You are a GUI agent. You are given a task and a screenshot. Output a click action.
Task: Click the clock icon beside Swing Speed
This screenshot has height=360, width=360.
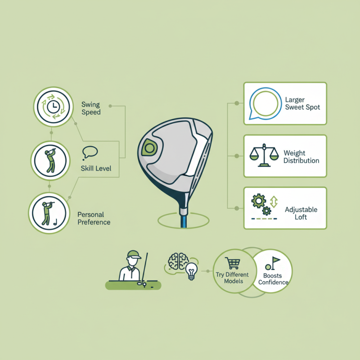point(53,107)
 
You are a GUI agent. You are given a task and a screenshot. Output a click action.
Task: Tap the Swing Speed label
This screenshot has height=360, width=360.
point(91,108)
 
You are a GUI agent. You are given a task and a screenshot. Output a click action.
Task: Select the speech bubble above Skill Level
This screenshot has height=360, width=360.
point(90,153)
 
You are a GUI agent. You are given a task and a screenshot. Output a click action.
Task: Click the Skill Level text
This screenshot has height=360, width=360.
point(96,168)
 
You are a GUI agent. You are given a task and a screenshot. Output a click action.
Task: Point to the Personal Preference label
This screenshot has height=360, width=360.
point(94,218)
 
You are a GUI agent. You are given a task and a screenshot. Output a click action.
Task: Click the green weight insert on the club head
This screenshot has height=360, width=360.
point(149,148)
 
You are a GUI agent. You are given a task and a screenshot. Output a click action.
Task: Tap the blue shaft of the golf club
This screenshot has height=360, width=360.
point(184,220)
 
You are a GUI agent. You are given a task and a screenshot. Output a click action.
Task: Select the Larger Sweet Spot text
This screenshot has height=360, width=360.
point(302,103)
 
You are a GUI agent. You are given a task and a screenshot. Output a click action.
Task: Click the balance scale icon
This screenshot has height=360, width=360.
point(264,155)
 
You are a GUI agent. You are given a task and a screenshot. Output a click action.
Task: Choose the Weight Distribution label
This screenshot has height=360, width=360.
point(301,157)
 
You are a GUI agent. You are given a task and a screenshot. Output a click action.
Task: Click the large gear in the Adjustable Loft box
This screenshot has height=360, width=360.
point(258,201)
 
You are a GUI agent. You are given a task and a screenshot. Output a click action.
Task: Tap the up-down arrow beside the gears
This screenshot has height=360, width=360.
point(274,202)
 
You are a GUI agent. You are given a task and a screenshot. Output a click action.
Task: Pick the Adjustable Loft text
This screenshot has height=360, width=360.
point(301,213)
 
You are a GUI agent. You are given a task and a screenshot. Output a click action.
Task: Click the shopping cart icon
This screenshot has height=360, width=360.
point(233,263)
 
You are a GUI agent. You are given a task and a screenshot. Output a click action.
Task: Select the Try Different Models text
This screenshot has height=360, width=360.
point(232,278)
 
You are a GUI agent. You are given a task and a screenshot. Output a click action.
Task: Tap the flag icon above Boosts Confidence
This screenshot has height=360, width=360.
point(275,263)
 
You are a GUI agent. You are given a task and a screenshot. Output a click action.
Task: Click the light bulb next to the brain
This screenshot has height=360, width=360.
point(192,271)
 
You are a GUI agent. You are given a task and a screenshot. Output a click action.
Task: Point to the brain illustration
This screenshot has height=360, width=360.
point(178,261)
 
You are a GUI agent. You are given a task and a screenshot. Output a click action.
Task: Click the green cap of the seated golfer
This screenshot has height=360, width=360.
point(134,254)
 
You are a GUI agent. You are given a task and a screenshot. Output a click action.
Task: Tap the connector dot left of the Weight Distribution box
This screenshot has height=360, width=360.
point(237,156)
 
